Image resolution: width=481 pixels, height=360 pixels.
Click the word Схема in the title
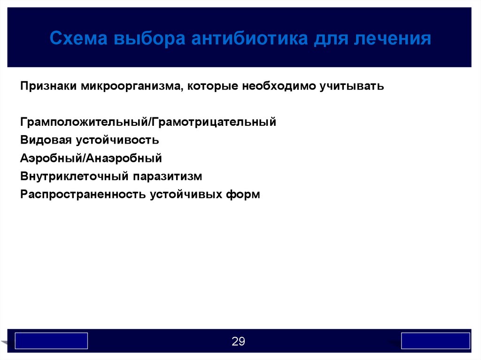click(78, 38)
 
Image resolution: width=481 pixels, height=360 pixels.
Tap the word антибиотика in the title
click(249, 38)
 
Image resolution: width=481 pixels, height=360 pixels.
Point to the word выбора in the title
click(149, 39)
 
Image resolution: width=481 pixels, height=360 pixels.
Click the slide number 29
click(238, 341)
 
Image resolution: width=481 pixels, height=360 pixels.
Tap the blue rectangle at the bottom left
click(51, 341)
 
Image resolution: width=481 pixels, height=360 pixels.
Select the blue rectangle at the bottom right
click(435, 341)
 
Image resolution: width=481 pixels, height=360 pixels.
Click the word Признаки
click(48, 86)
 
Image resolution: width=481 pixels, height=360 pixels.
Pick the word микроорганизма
click(132, 86)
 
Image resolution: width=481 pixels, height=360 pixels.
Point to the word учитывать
click(352, 86)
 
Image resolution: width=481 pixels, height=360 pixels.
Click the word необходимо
click(279, 86)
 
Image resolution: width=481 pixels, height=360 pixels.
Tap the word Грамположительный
click(85, 122)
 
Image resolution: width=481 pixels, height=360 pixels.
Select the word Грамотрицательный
click(214, 122)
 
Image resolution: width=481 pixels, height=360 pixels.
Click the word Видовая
click(46, 140)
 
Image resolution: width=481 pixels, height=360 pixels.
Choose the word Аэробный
click(52, 158)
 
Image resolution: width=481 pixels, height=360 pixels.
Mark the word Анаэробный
click(124, 158)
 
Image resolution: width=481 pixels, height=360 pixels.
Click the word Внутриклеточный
click(75, 176)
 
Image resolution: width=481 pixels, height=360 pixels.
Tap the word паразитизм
click(168, 176)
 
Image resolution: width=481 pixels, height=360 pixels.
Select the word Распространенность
click(83, 194)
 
